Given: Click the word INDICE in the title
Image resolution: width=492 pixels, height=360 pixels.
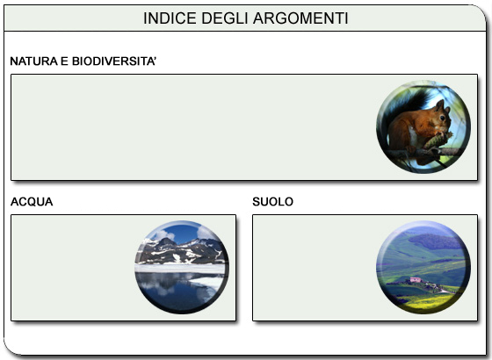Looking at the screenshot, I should tap(168, 18).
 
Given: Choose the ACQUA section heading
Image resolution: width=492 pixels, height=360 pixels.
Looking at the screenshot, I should tap(32, 202).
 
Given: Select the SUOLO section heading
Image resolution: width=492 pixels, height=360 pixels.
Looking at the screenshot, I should tap(272, 202).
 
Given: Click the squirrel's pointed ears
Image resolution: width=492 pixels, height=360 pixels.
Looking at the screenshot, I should tap(439, 104).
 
